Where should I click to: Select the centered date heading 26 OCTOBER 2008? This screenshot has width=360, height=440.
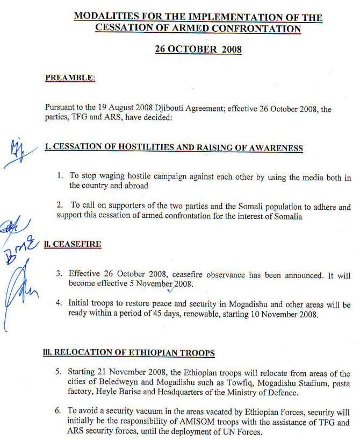[198, 49]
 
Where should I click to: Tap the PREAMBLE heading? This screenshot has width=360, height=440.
[70, 78]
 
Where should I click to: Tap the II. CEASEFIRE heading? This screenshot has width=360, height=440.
[73, 244]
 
